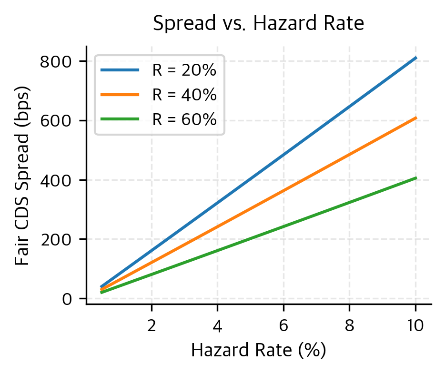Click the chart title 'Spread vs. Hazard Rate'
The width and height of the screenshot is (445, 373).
point(258,24)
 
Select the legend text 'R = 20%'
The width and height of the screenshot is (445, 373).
point(184,70)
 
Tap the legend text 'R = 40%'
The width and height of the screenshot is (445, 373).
point(184,95)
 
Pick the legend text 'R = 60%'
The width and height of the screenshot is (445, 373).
point(184,120)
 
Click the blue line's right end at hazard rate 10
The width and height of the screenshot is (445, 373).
point(416,58)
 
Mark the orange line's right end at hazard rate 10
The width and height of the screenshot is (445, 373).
point(416,118)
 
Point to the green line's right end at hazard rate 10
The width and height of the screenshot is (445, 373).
point(416,178)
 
